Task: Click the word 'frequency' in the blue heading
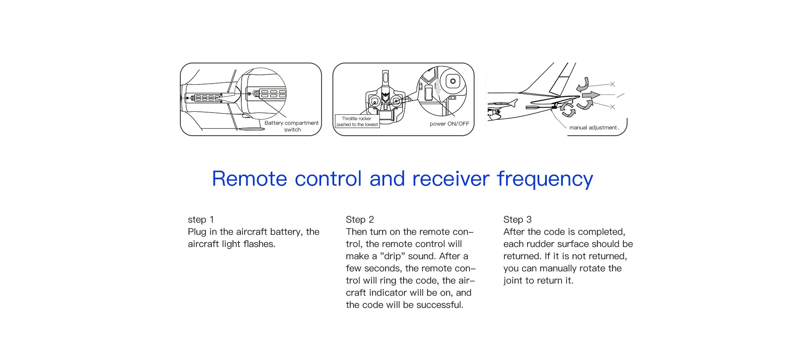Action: pos(545,179)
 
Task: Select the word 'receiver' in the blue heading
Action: pos(451,179)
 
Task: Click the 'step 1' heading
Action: pos(200,220)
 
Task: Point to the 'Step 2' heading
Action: pos(359,220)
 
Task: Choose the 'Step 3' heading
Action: pos(517,220)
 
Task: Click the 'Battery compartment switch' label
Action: pos(292,126)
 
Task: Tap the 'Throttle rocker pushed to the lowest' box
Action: pos(357,121)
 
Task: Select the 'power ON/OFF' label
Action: pos(449,124)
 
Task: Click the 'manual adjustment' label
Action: pos(593,128)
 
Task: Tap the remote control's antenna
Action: pos(385,78)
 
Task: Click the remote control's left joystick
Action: pos(374,101)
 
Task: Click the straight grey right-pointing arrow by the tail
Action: pos(591,95)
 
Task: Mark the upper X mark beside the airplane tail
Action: pos(612,84)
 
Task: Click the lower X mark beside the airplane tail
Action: pos(612,107)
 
